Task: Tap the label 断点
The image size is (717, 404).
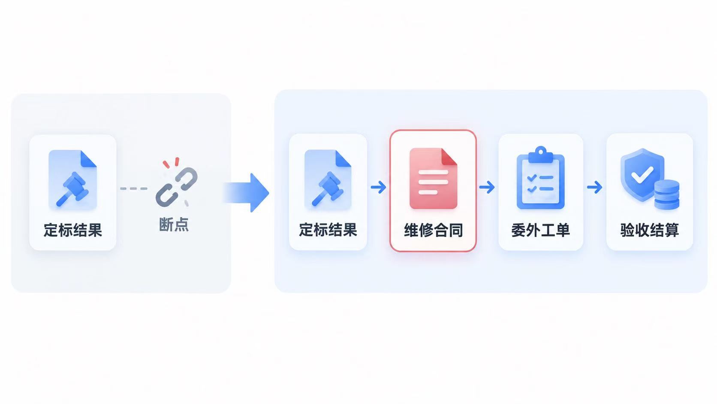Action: (174, 224)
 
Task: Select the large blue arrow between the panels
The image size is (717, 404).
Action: (246, 192)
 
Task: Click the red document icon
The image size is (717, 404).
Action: (433, 179)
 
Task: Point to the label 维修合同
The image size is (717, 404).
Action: (433, 230)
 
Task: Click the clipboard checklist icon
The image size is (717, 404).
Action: (541, 178)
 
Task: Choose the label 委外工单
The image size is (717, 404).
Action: (541, 230)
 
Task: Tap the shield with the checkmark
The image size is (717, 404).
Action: (642, 175)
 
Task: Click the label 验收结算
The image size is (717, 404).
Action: (650, 230)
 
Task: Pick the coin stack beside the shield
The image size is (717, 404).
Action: (667, 195)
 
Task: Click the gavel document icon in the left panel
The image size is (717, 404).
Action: (72, 180)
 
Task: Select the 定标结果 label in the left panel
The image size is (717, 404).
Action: (72, 230)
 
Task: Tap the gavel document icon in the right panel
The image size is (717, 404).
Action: (328, 180)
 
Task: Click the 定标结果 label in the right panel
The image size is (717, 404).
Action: (328, 230)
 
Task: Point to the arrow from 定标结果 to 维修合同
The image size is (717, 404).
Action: (378, 187)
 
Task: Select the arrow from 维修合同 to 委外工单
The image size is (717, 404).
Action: (487, 187)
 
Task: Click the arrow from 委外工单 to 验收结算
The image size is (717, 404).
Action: (595, 187)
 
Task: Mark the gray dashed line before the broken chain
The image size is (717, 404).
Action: (134, 188)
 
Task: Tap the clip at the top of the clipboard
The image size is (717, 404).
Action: (541, 155)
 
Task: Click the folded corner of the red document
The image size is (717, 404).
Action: (449, 157)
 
